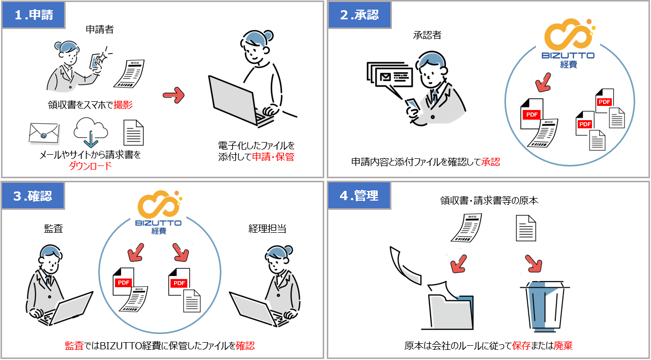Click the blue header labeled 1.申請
(34, 15)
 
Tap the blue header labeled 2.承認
(359, 15)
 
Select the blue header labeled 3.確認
(34, 196)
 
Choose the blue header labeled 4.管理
(359, 196)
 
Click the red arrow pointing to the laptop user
(174, 94)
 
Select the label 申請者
(99, 30)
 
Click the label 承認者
(427, 35)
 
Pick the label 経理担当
(267, 229)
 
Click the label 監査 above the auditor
(53, 229)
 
